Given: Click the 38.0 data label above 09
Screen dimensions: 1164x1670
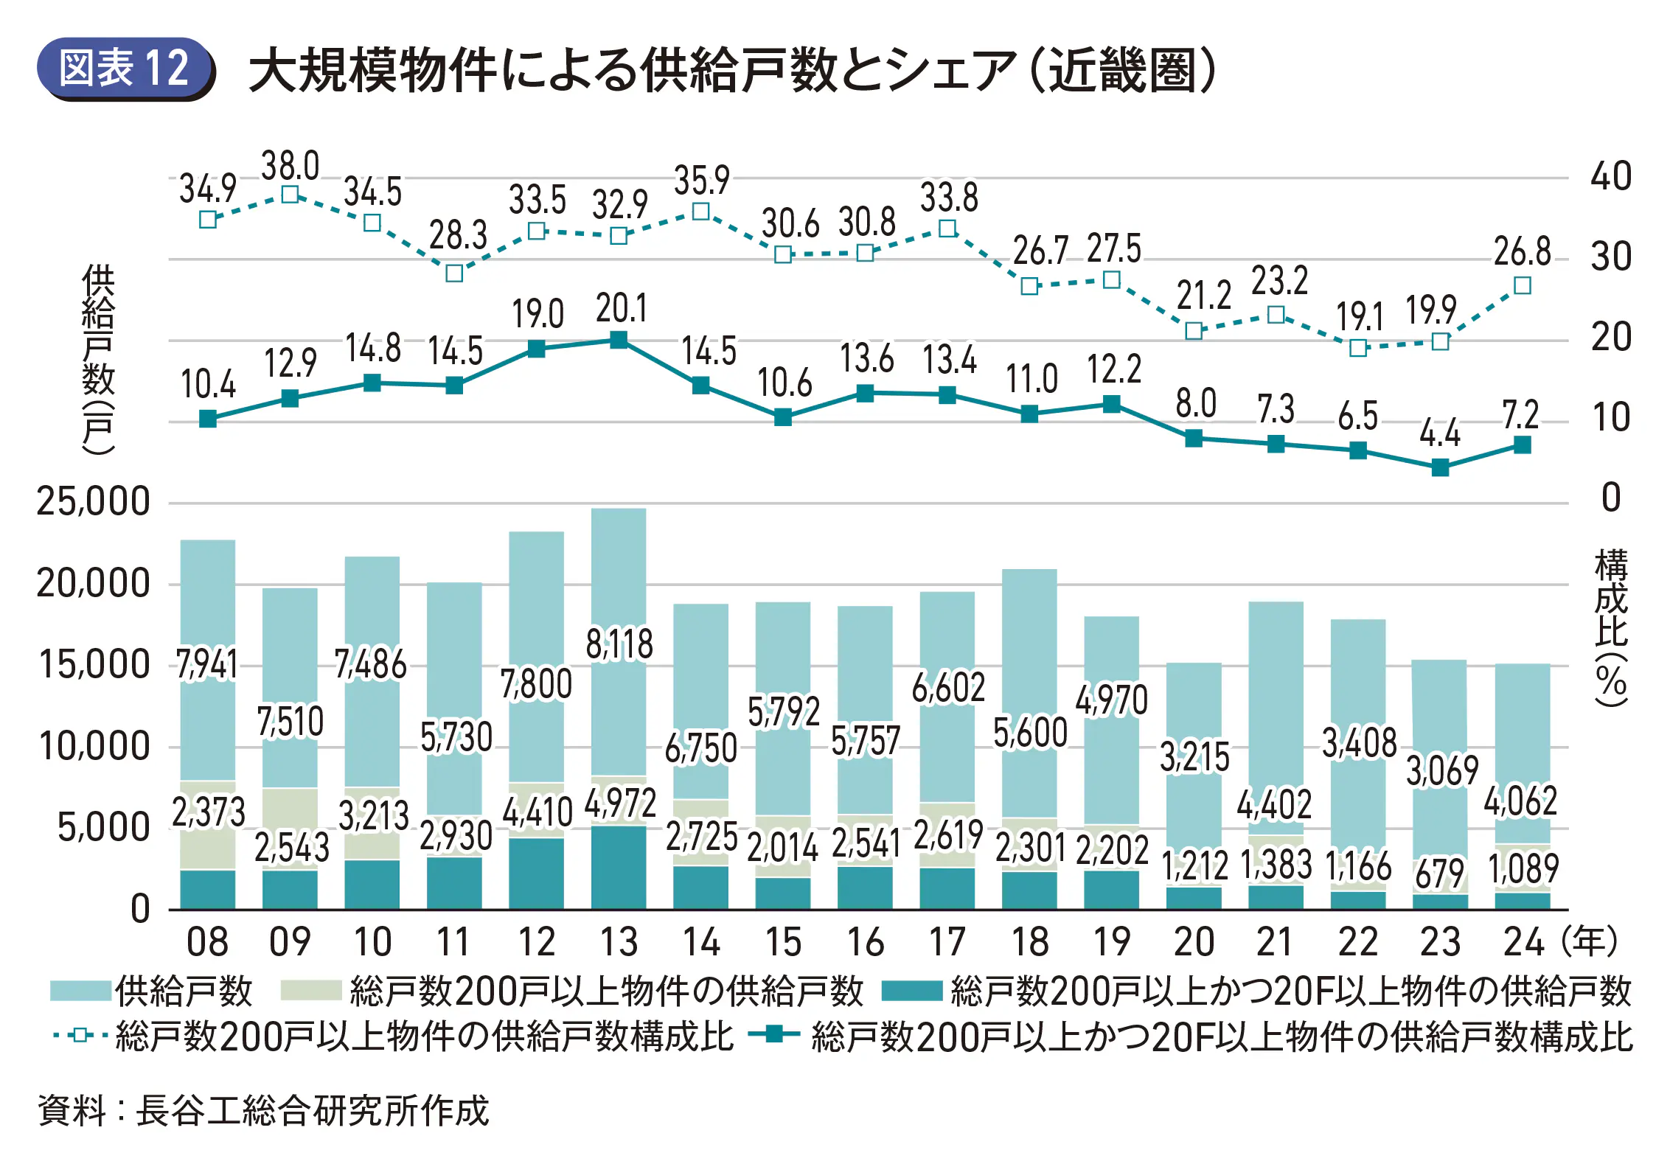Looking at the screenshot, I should tap(290, 166).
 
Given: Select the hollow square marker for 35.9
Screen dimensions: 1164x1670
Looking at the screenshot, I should tap(701, 212).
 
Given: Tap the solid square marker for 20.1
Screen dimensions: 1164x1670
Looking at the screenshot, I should tap(619, 340).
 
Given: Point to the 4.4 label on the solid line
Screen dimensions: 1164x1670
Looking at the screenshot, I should tap(1439, 433).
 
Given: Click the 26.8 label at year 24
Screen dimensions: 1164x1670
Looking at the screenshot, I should tap(1522, 252).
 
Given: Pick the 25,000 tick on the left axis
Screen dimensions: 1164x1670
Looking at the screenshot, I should tap(93, 502).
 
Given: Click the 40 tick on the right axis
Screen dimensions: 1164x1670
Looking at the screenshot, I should tap(1610, 177).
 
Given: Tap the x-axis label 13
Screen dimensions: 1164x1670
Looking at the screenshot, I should tap(619, 942).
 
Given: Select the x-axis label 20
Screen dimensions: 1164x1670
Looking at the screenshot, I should tap(1194, 942).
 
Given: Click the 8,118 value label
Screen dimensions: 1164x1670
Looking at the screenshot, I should tap(619, 644).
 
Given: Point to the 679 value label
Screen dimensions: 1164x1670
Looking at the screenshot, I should tap(1439, 874).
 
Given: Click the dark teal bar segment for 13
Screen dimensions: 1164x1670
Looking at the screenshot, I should tap(619, 868).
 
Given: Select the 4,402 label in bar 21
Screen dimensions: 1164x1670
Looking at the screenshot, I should tap(1275, 804).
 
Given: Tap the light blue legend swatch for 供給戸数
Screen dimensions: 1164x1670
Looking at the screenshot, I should tap(80, 991).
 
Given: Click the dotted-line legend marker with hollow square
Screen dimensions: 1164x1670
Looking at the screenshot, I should tap(80, 1036).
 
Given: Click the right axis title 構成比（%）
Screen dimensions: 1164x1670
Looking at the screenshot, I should tap(1610, 627).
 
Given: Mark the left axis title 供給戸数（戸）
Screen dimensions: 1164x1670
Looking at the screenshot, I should tap(98, 359).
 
